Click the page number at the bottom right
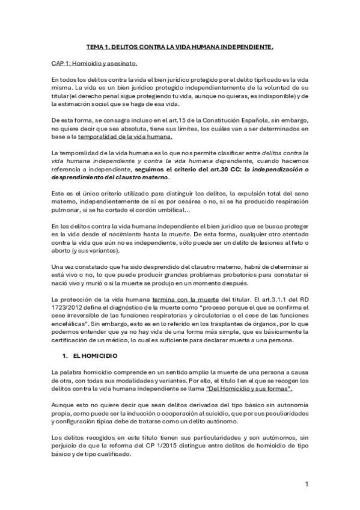(x=307, y=484)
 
